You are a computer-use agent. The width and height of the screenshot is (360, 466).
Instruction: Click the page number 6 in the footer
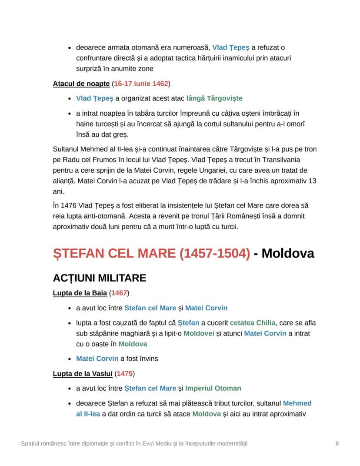337,443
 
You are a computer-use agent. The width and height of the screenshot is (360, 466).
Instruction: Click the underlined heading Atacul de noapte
81,84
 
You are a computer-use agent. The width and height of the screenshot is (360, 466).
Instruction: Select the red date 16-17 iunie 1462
141,84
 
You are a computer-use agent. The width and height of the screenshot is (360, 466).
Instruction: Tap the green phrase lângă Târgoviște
214,98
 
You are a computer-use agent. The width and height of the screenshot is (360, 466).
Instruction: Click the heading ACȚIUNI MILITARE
99,278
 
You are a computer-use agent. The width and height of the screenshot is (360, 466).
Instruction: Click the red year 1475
125,373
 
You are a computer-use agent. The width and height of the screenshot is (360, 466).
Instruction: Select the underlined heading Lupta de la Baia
80,293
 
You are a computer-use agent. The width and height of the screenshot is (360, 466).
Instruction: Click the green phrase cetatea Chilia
253,322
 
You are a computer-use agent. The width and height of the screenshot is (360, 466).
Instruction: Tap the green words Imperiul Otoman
213,388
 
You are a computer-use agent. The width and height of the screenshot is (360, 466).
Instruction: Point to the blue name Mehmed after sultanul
297,403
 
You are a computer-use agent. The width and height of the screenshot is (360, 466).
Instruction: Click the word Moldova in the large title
288,253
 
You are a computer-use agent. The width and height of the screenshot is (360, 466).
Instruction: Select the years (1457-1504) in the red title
214,253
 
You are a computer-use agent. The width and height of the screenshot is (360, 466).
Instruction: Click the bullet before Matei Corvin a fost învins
70,359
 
